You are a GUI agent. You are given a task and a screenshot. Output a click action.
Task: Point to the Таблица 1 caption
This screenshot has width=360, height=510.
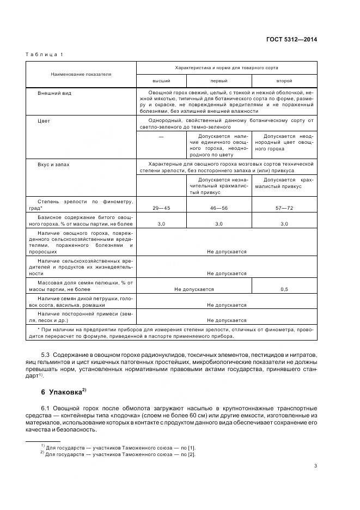pos(44,54)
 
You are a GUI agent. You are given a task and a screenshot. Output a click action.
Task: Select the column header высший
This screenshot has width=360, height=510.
pos(161,80)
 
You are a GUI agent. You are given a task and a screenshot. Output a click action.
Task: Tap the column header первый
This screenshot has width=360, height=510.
pos(218,80)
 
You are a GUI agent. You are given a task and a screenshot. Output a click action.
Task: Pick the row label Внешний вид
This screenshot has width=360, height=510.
pos(54,93)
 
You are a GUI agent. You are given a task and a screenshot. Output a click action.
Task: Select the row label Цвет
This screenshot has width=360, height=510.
pos(44,121)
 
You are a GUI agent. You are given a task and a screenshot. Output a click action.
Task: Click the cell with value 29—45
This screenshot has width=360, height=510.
pos(161,208)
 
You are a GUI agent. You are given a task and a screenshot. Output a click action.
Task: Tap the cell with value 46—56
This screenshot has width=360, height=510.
pos(218,208)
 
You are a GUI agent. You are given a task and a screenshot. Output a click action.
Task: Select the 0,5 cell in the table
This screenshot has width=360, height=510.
pos(284,289)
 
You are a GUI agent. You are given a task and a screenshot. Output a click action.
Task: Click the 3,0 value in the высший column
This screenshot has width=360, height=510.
pos(161,224)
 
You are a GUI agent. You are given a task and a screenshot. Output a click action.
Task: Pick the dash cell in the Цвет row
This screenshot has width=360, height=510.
pos(161,136)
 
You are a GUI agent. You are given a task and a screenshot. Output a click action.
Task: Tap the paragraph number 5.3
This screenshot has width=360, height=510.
pos(46,355)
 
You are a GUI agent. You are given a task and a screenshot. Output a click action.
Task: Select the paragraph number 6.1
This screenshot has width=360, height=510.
pos(46,408)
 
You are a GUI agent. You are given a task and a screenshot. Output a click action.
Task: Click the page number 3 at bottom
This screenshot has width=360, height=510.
pos(315,465)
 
